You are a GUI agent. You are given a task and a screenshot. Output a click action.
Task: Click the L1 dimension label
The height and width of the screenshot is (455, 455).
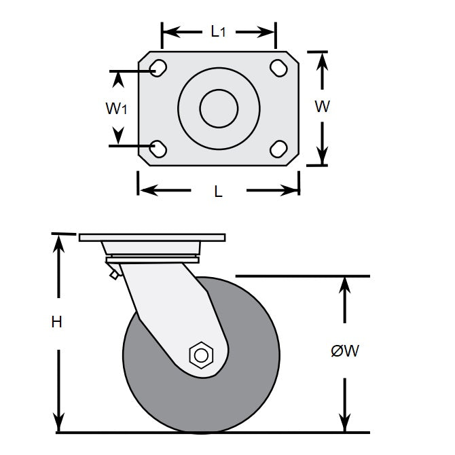click(x=217, y=31)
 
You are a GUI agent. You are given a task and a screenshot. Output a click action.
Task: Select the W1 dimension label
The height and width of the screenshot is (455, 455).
click(x=117, y=108)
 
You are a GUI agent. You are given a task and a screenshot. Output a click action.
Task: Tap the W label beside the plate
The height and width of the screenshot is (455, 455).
click(x=323, y=107)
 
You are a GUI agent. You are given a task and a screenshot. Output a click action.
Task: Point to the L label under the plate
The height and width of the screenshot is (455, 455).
click(x=218, y=192)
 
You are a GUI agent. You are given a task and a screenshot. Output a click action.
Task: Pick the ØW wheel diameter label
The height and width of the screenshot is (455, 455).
click(x=344, y=351)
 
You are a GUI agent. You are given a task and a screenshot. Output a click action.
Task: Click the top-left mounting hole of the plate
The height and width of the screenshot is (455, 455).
click(x=158, y=68)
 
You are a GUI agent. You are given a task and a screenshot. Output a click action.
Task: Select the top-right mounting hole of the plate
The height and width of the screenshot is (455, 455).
click(x=278, y=68)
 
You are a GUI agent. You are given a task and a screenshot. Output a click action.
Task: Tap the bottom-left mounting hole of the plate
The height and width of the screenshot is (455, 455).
click(x=158, y=147)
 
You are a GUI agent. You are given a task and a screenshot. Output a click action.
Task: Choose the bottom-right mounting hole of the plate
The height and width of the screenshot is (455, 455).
click(x=278, y=147)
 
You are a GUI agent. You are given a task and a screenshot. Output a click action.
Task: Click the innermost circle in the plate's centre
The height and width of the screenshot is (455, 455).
click(x=218, y=108)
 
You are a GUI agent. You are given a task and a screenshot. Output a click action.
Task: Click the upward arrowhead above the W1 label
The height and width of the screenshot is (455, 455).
click(x=118, y=80)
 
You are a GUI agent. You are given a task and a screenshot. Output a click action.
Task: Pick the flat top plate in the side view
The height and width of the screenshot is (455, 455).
click(x=151, y=238)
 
